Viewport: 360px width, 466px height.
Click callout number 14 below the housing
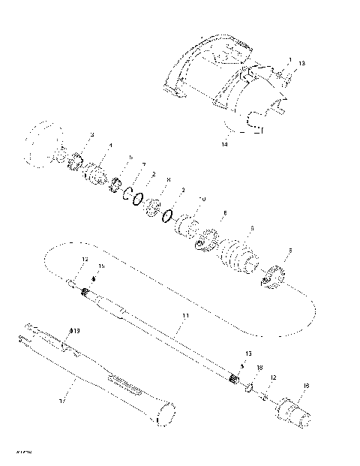[x=223, y=142]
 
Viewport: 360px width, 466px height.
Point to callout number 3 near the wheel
[x=91, y=135]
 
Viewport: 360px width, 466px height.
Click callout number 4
[x=111, y=146]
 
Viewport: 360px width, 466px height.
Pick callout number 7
[x=143, y=164]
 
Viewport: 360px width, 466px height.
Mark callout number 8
[x=169, y=180]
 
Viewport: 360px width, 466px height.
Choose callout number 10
[x=201, y=198]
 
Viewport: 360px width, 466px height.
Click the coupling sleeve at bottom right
[x=294, y=413]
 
